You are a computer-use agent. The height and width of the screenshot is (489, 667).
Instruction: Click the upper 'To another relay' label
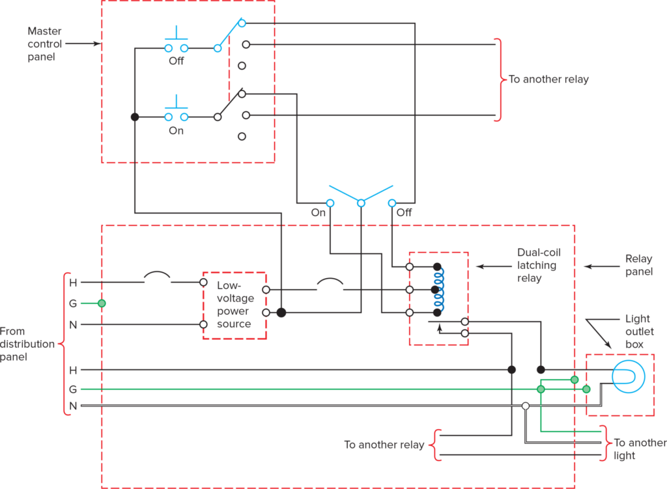(x=548, y=79)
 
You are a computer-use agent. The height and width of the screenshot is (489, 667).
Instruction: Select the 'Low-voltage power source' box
(x=234, y=305)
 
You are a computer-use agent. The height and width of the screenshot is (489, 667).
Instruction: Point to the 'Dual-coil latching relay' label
(x=537, y=266)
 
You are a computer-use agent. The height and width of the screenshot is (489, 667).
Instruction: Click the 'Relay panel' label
(x=638, y=266)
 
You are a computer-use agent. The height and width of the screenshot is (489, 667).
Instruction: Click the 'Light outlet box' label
(x=638, y=331)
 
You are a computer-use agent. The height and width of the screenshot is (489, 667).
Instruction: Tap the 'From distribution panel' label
(x=27, y=344)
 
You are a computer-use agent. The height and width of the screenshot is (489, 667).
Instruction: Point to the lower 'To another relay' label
(x=384, y=445)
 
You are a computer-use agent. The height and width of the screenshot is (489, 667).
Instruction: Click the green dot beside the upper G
(x=101, y=303)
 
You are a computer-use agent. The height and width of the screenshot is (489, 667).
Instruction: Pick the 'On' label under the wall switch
(x=318, y=213)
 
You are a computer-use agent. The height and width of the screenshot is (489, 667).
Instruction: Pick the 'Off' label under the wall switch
(x=404, y=213)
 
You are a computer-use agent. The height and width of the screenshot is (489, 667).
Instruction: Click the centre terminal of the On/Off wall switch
(x=361, y=203)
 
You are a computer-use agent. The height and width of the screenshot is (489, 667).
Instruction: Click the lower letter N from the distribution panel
(x=73, y=406)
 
